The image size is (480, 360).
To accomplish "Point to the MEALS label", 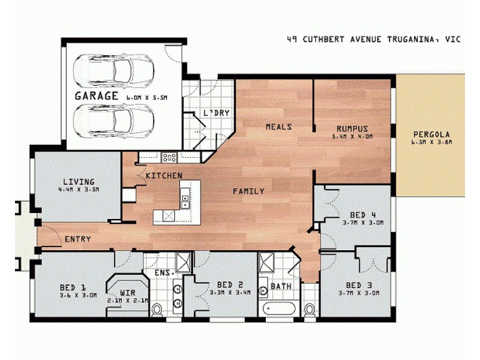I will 279,127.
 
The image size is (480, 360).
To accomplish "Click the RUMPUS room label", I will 352,128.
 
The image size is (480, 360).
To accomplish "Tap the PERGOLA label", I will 431,134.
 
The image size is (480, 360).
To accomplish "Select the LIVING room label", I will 79,181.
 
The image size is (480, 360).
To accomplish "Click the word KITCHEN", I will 164,175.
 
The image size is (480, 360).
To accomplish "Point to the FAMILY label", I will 248,191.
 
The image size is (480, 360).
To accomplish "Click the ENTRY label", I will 77,239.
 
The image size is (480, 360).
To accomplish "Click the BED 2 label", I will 230,284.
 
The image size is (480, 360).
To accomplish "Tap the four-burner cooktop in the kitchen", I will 170,158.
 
